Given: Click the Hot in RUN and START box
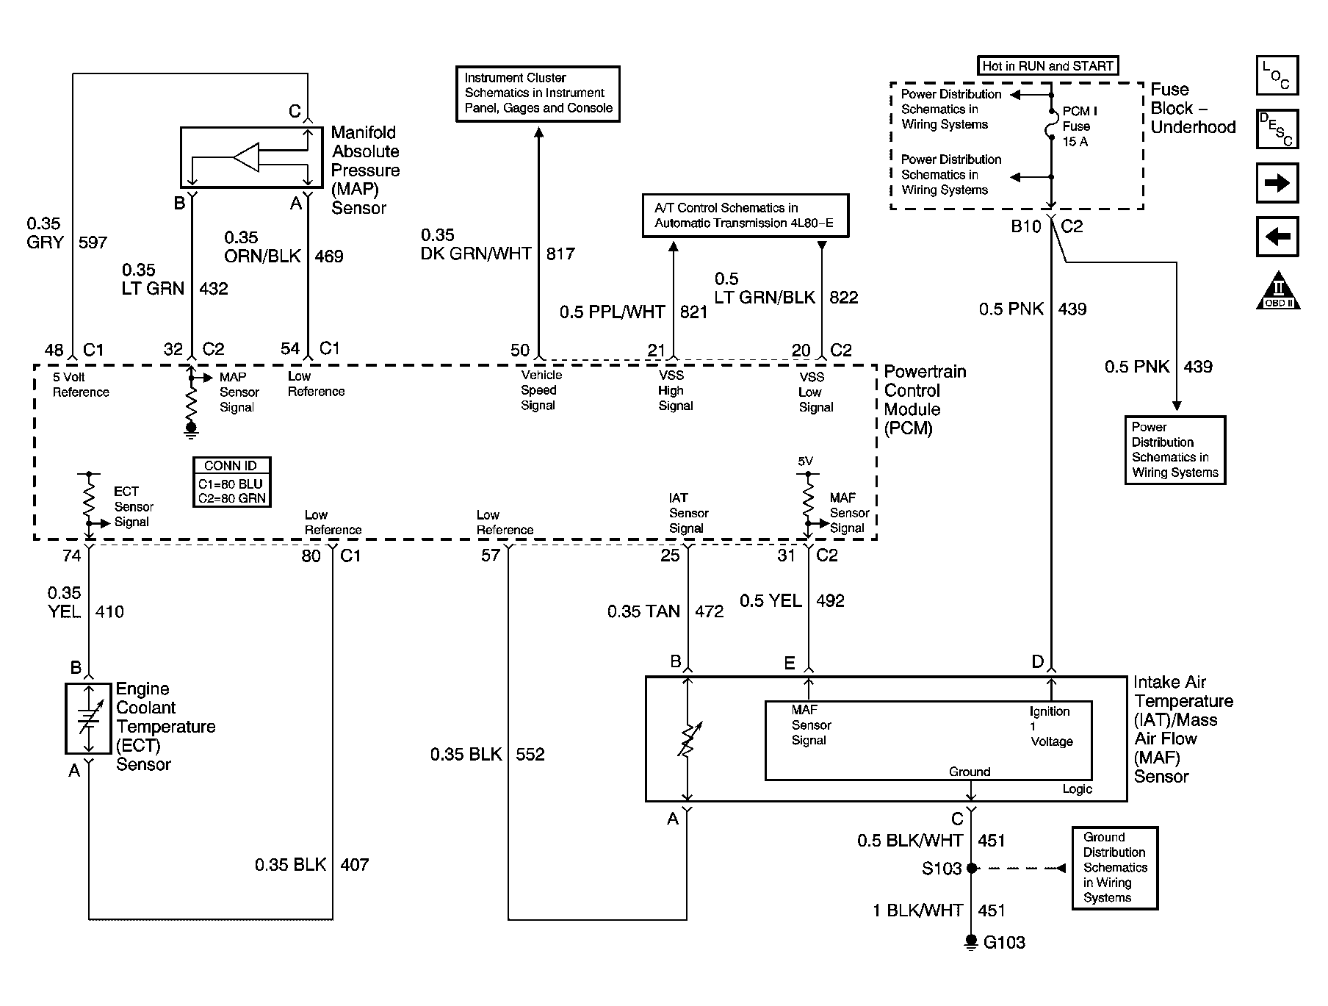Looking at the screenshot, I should [1047, 66].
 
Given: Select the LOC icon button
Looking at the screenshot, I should [1277, 76].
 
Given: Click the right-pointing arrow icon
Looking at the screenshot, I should [1277, 183].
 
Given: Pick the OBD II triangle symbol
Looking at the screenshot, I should [1278, 292].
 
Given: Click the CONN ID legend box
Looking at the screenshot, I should [232, 481].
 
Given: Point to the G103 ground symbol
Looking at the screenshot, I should [971, 941].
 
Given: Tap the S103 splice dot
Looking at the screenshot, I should [972, 868].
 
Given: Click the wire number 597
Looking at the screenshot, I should [93, 242].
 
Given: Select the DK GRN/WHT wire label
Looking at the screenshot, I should [477, 254].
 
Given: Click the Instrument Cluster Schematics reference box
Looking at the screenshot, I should [538, 93].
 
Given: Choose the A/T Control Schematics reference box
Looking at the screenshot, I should [745, 216].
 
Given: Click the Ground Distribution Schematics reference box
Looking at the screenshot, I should [1114, 868].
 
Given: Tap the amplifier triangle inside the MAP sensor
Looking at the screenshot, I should [247, 157].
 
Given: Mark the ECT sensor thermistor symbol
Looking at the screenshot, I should [88, 719].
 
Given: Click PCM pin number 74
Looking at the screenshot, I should [71, 556].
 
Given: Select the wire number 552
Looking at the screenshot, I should [530, 755].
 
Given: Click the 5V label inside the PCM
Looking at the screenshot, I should [806, 461].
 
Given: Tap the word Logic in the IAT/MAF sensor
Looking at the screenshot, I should [1077, 789].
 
